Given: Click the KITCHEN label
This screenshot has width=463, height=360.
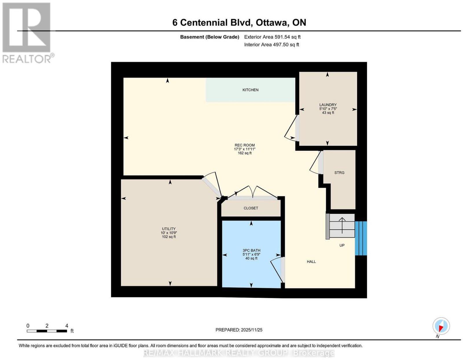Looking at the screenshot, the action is click(250, 90).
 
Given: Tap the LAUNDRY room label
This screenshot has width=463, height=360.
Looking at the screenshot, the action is click(328, 105).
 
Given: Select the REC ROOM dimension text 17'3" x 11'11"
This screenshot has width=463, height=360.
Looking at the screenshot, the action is click(245, 149).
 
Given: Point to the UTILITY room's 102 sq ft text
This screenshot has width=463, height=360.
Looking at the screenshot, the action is click(169, 237).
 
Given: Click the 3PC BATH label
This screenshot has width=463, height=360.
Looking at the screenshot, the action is click(251, 251).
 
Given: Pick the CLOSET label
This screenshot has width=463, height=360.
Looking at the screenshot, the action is click(251, 208).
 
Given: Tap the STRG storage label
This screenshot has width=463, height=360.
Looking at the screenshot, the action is click(339, 173).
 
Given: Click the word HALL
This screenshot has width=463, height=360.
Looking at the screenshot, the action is click(311, 262).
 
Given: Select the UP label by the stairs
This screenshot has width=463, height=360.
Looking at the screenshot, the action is click(342, 245).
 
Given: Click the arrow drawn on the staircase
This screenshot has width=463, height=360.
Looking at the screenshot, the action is click(342, 225).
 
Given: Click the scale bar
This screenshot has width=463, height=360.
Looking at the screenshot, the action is click(47, 331).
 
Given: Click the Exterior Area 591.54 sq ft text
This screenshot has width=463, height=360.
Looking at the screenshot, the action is click(272, 37).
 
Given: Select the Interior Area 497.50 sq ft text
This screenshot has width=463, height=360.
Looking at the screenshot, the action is click(271, 45).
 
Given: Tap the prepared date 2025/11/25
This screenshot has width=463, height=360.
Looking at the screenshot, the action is click(251, 330).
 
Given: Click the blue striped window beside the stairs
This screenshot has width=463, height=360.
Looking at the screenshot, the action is click(361, 238).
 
